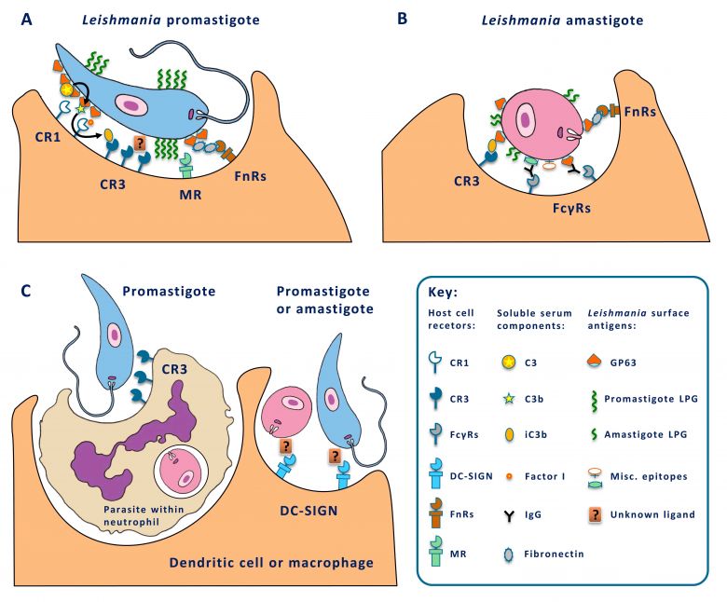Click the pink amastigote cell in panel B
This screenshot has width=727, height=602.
(x=535, y=120)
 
